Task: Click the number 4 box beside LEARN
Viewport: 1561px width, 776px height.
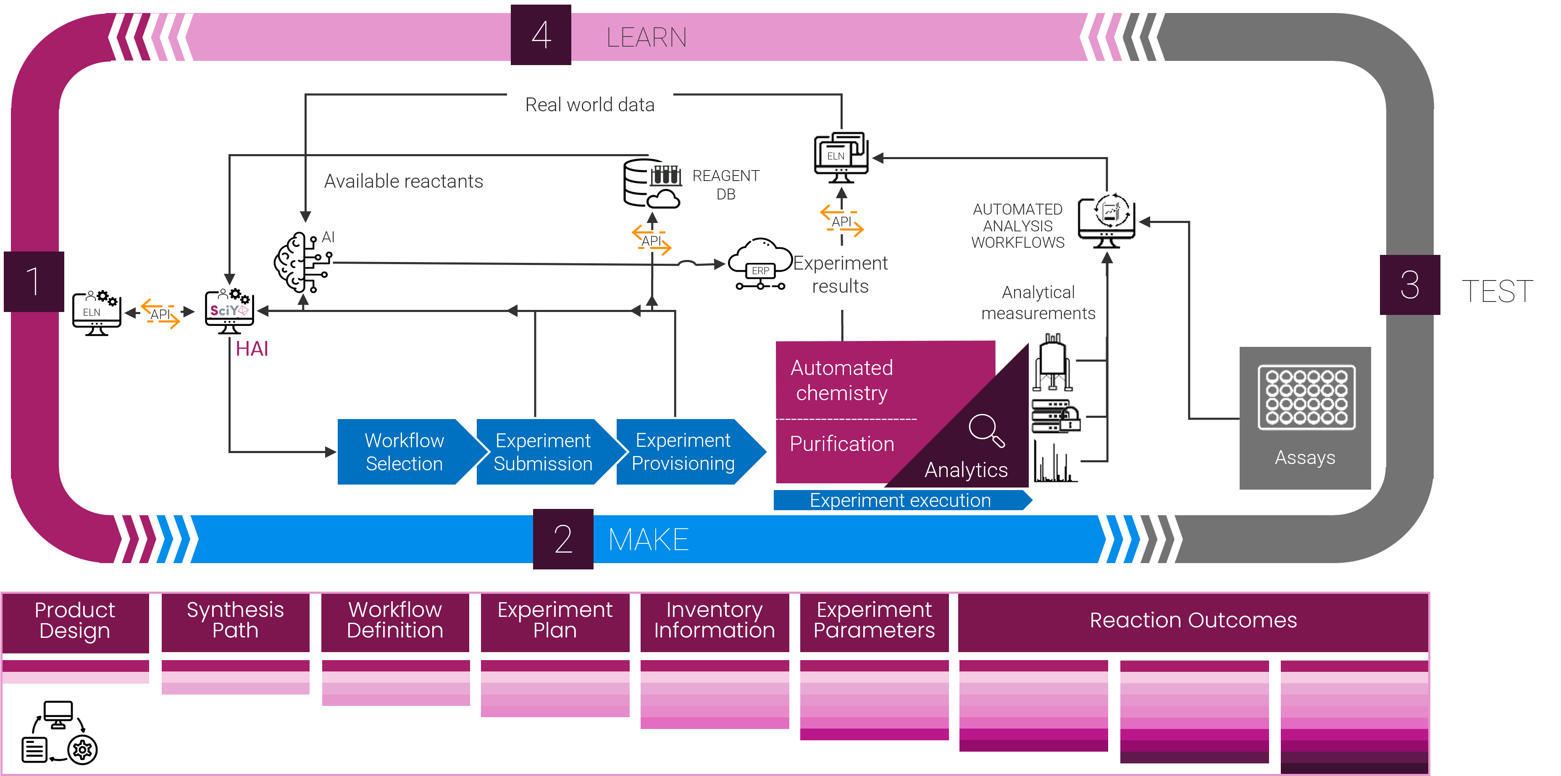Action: tap(541, 35)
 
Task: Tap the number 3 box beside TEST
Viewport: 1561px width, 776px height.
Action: tap(1409, 285)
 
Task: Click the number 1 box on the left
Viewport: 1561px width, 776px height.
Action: tap(34, 282)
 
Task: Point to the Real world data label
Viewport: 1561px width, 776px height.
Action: tap(590, 105)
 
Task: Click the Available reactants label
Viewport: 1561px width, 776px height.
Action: tap(404, 181)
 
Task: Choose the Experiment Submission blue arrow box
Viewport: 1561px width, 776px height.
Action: tap(543, 452)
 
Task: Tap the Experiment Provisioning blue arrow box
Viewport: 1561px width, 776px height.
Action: tap(683, 452)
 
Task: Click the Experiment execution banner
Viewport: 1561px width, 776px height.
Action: tap(901, 501)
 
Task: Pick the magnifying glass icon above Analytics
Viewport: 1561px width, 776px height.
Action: tap(986, 430)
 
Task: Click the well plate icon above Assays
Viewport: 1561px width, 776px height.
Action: tap(1306, 397)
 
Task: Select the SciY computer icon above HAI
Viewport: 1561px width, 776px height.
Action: tap(229, 311)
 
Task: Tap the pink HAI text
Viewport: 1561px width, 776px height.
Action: tap(252, 349)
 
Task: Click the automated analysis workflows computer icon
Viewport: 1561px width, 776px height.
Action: tap(1106, 221)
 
